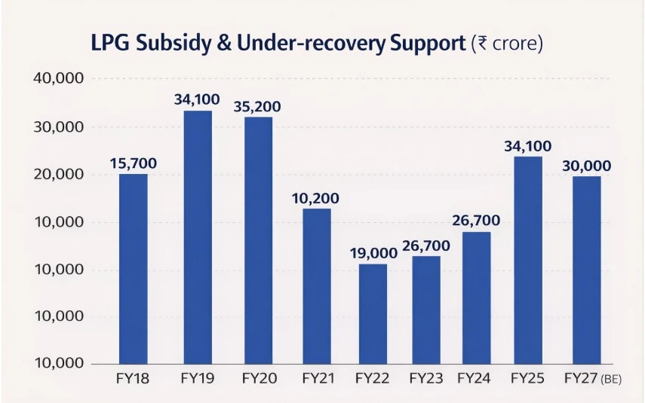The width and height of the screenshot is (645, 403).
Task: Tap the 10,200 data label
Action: (x=315, y=199)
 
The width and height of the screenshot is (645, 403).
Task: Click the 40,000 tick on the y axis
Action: (x=60, y=79)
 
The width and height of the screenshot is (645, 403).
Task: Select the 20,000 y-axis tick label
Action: (x=60, y=175)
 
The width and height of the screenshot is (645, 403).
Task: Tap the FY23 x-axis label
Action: (x=427, y=379)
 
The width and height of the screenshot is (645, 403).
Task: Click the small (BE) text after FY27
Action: (x=611, y=380)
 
